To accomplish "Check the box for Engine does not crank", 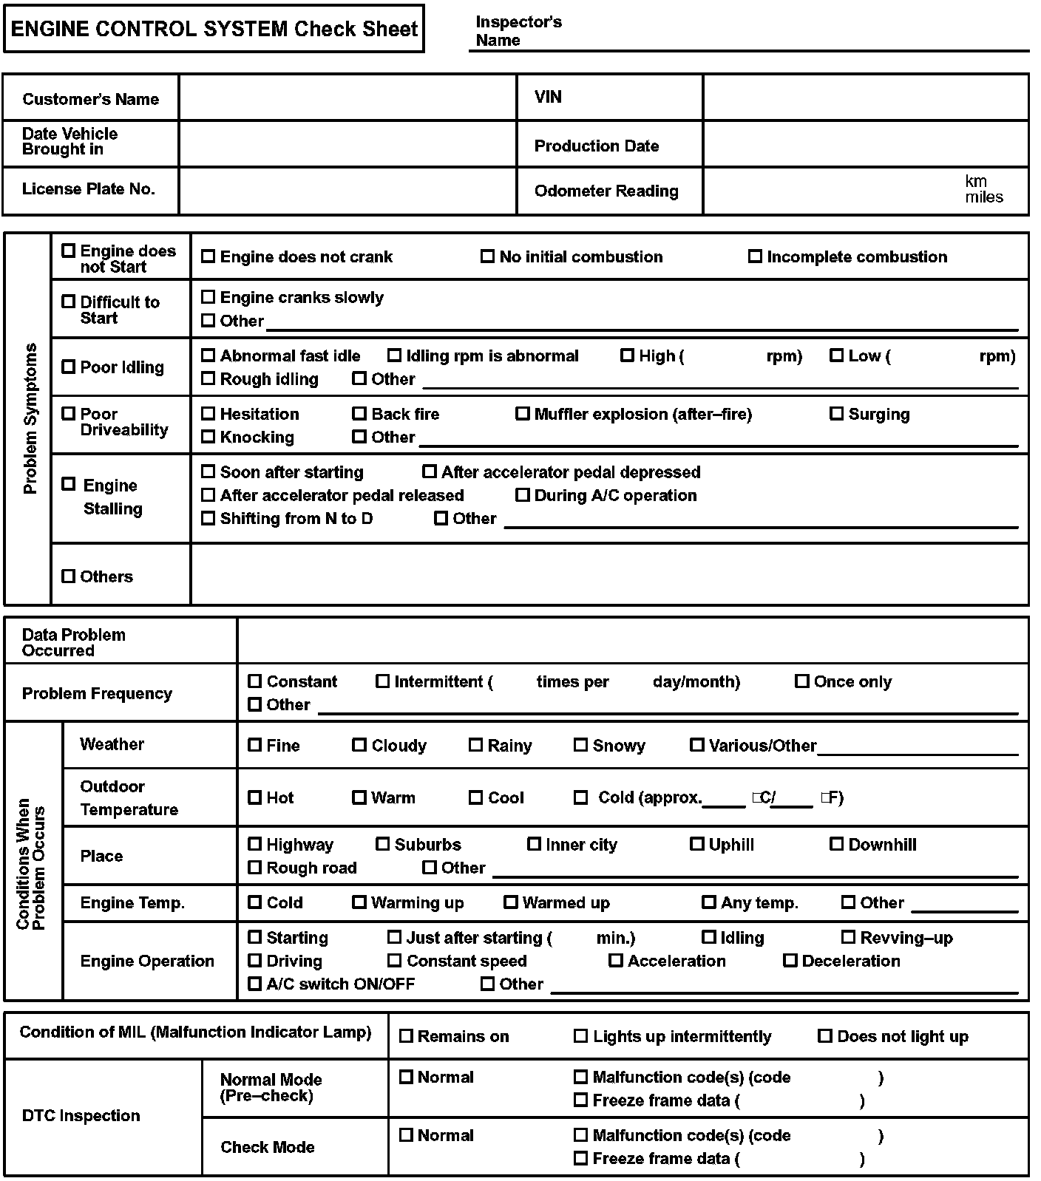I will click(x=208, y=256).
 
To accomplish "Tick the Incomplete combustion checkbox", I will click(x=755, y=256).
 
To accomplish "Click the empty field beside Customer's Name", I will click(x=347, y=98).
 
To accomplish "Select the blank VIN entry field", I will click(x=865, y=98).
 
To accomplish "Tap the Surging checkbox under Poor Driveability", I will click(x=836, y=414).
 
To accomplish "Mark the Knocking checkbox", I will click(x=208, y=437).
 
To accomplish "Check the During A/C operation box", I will click(x=523, y=495).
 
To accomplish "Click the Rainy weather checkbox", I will click(x=476, y=745).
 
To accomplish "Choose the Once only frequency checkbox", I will click(x=802, y=681).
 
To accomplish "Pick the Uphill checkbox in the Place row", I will click(x=697, y=844).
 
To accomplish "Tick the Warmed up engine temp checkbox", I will click(x=511, y=902).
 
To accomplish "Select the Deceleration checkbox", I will click(x=790, y=961).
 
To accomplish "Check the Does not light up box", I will click(x=825, y=1036).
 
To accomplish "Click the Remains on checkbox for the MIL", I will click(x=406, y=1036).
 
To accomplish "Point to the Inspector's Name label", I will click(x=518, y=31).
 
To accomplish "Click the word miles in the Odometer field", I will click(x=984, y=197).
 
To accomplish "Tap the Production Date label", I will click(x=596, y=146).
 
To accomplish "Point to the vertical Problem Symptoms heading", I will click(x=30, y=418).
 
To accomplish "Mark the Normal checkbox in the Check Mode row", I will click(x=406, y=1135).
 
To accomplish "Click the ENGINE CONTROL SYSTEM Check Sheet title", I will click(x=214, y=29).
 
